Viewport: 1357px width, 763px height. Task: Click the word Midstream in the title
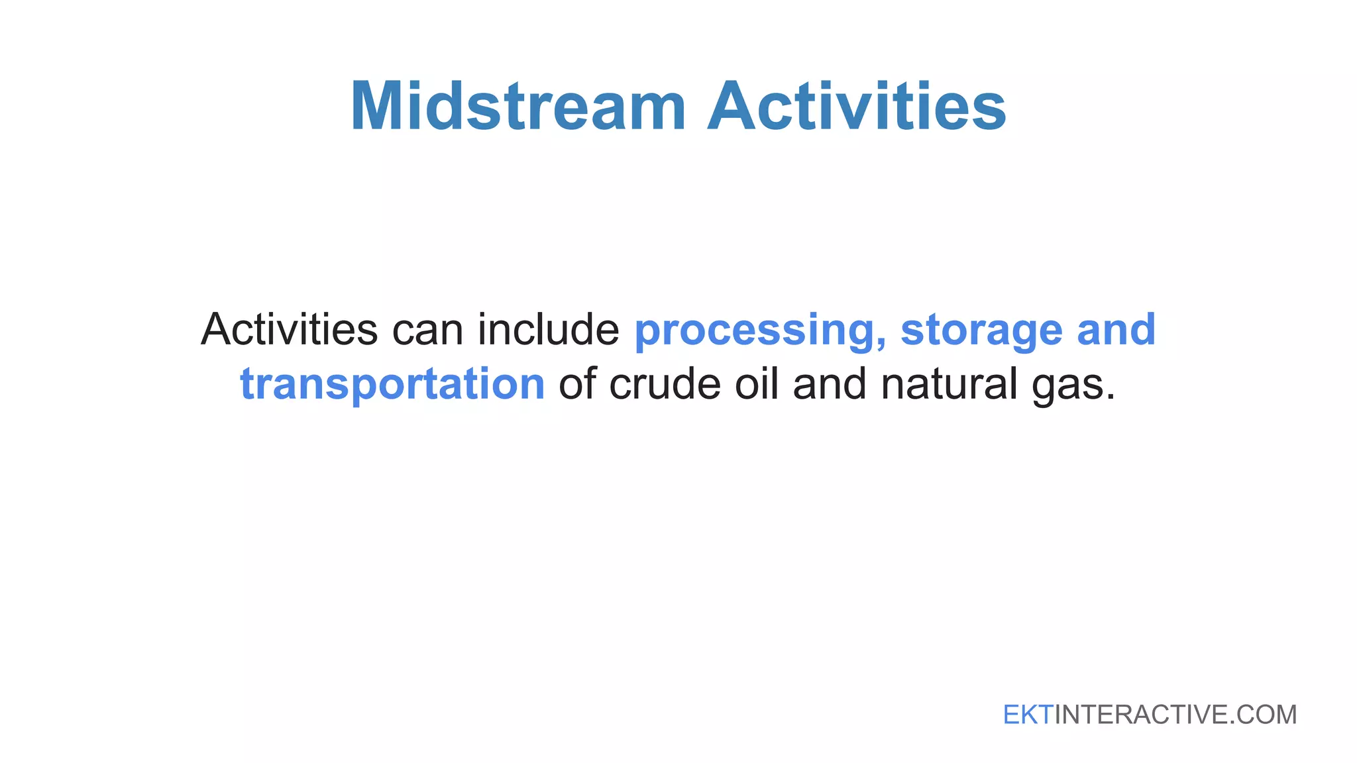pos(518,107)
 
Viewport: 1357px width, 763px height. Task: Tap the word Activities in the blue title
pos(857,107)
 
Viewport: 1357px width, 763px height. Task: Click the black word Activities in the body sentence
pos(290,330)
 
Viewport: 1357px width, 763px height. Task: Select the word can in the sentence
pos(427,330)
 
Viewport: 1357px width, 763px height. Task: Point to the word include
pos(548,330)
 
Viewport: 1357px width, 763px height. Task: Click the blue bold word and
pos(1116,330)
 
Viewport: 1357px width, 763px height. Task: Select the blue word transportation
pos(392,384)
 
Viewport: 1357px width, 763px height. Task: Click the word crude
pos(665,384)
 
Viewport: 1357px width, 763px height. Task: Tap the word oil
pos(756,384)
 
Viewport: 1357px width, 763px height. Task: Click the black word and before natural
pos(829,384)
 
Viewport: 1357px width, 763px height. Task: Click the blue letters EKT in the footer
pos(1028,715)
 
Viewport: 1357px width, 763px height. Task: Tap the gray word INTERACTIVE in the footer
pos(1140,715)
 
